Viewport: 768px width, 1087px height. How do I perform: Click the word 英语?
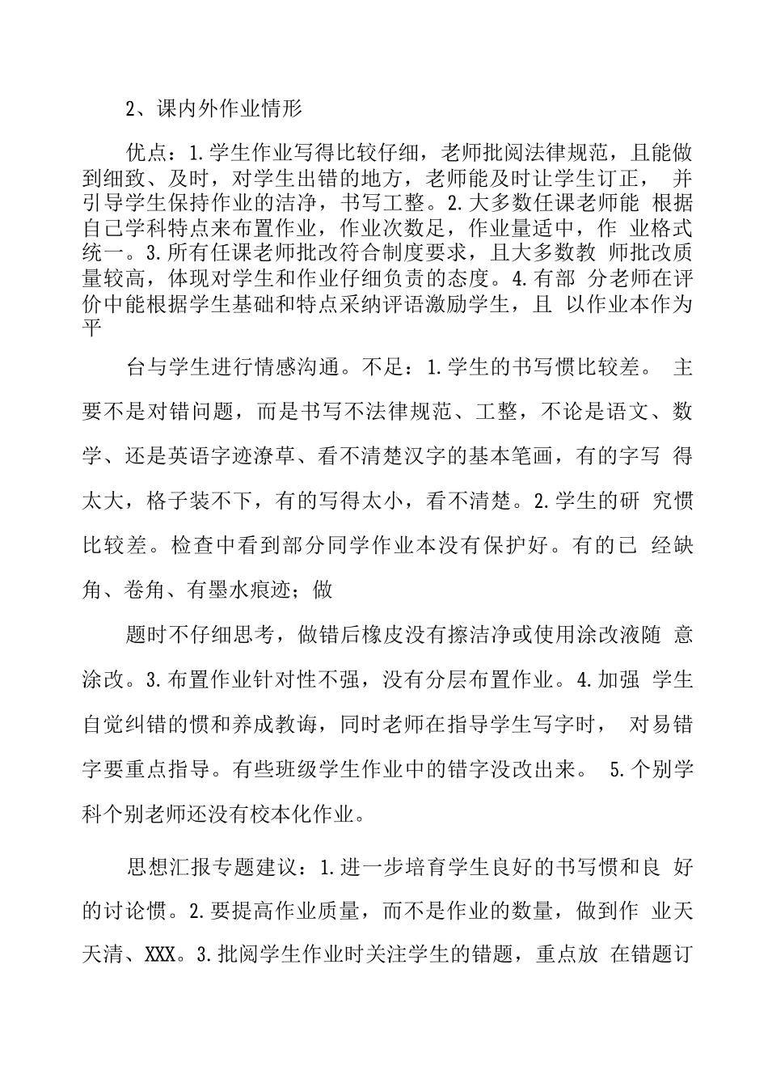click(200, 456)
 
